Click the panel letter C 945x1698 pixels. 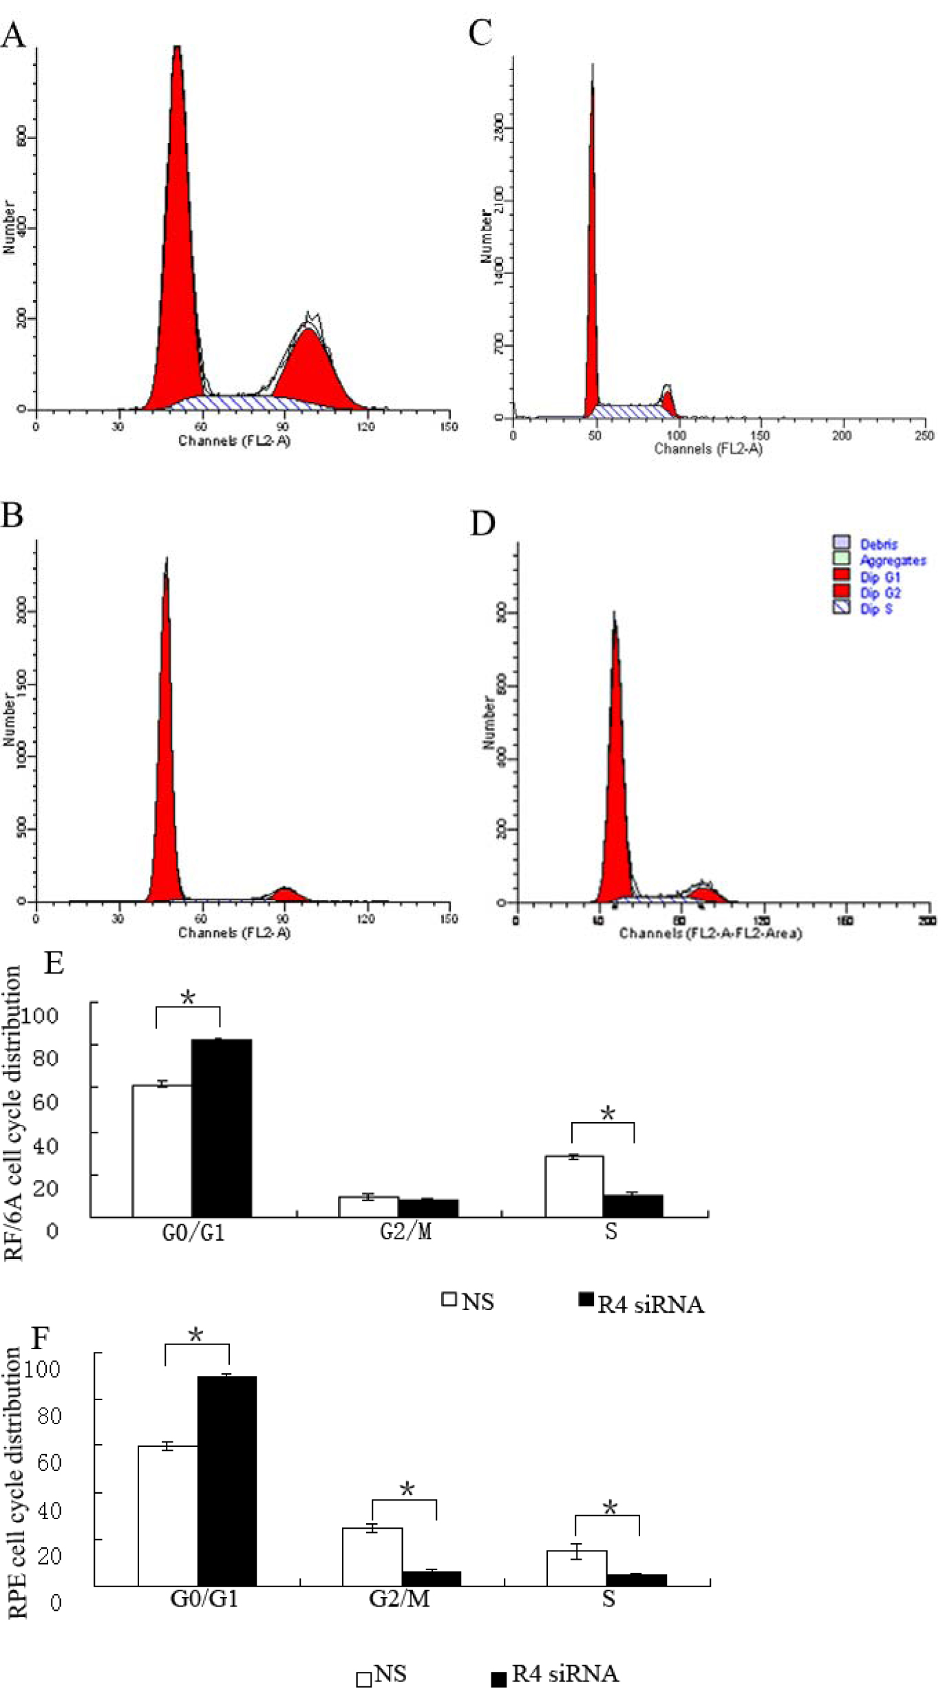coord(480,32)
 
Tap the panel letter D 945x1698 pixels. coord(482,524)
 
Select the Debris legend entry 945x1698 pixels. coord(878,544)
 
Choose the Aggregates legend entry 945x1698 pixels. coord(892,561)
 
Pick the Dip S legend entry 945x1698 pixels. coord(875,609)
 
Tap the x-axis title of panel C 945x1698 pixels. coord(708,449)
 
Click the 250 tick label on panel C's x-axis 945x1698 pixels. coord(924,436)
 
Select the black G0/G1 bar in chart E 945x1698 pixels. coord(221,1128)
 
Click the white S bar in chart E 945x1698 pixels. coord(574,1186)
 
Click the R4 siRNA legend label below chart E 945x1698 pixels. coord(650,1304)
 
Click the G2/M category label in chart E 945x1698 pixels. coord(405,1232)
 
